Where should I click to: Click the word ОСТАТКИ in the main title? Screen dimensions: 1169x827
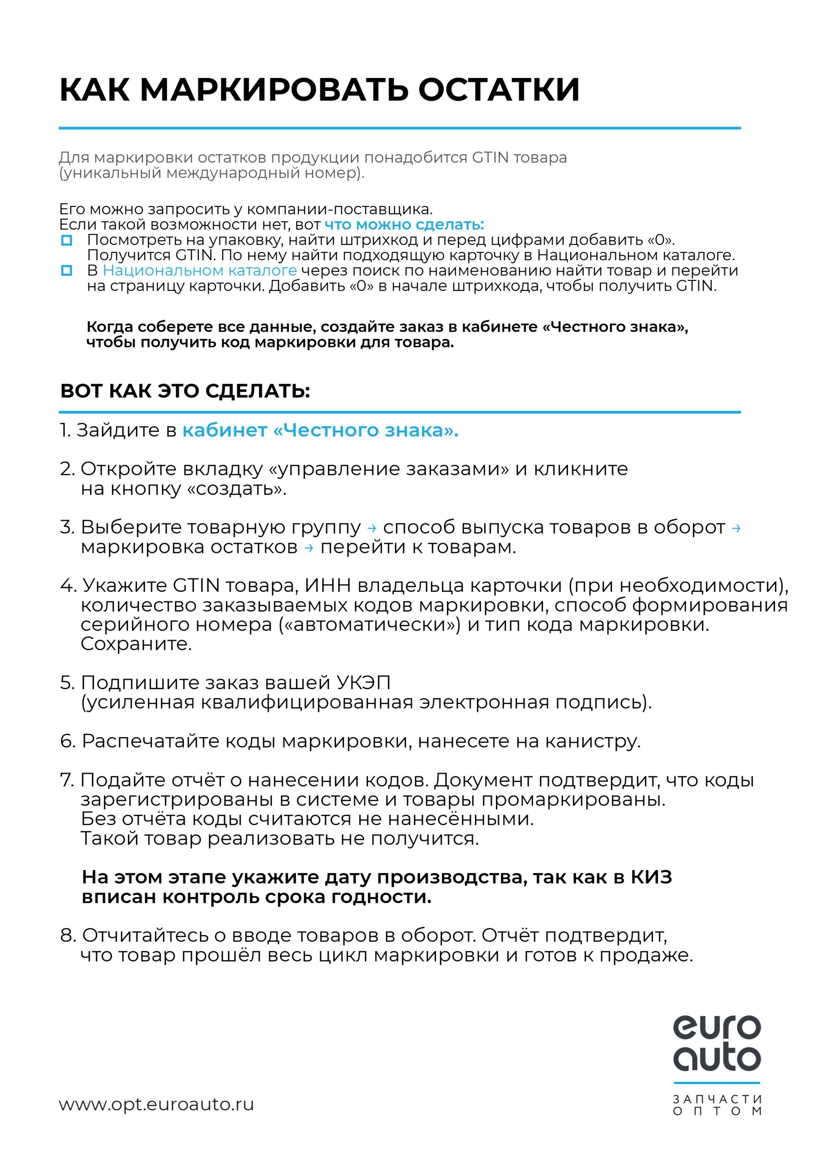coord(499,90)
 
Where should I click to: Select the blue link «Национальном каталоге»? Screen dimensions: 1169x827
coord(200,270)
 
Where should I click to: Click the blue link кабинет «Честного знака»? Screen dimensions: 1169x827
coord(320,430)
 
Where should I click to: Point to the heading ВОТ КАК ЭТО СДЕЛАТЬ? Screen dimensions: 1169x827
coord(185,390)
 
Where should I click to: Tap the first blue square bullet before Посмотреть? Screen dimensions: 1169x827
coord(67,240)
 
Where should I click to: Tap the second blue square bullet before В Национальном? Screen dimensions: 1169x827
coord(67,271)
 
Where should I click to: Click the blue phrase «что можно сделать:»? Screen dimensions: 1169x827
coord(404,225)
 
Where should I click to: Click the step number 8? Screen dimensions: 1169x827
coord(67,935)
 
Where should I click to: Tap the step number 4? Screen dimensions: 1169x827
coord(67,585)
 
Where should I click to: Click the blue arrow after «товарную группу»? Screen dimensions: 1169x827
coord(372,528)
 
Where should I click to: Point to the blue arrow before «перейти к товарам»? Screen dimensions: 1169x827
coord(309,548)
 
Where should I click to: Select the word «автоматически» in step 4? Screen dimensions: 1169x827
coord(370,624)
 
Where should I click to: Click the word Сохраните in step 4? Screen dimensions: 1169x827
coord(136,643)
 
